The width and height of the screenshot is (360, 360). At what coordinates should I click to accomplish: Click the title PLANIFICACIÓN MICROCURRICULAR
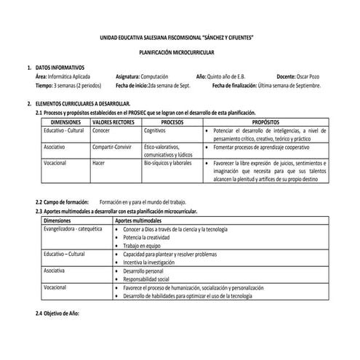[x=180, y=53]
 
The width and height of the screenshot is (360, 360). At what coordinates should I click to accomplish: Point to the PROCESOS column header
[x=172, y=122]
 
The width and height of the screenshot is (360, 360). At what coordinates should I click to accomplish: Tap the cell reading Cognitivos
[x=155, y=130]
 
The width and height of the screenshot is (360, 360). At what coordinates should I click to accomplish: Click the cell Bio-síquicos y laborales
[x=167, y=163]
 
